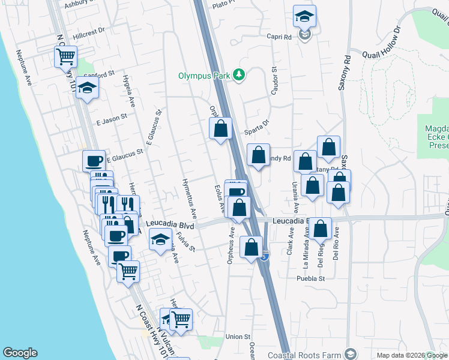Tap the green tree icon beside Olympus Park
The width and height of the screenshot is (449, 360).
point(240,74)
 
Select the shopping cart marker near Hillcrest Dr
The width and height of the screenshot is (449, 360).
point(65,58)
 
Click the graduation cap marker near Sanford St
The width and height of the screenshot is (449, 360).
point(87,89)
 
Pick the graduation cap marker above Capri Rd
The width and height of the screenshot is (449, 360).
point(305,17)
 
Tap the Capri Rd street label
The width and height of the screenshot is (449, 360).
point(279,36)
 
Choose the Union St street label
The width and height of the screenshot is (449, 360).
point(238,337)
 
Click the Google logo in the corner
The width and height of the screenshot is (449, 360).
point(20,353)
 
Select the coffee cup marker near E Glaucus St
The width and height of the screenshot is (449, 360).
point(94,160)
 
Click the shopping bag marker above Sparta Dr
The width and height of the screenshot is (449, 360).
point(221,128)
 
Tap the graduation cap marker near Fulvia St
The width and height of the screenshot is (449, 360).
point(160,240)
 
